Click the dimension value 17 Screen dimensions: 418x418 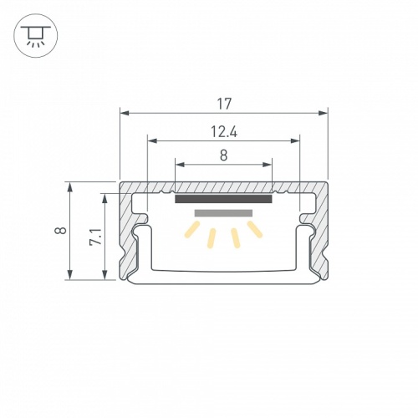point(223,104)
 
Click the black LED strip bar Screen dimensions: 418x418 point(223,199)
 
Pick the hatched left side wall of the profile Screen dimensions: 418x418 point(130,242)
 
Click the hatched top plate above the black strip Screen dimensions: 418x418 point(223,187)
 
